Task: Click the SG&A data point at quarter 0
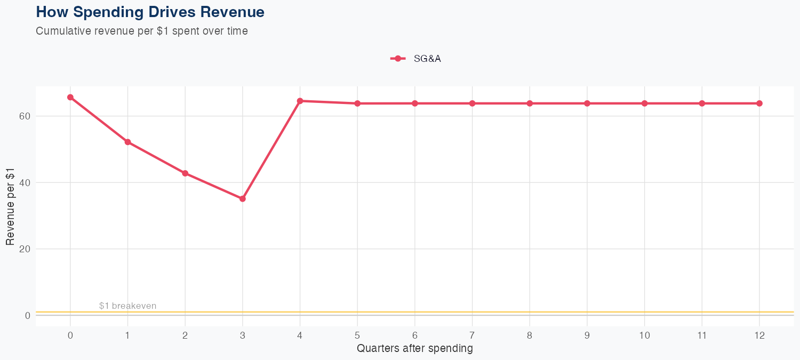click(70, 97)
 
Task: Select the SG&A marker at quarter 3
click(243, 198)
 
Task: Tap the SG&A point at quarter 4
click(300, 101)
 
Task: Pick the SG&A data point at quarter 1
click(128, 142)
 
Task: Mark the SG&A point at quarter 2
click(185, 173)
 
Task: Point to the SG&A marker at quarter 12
click(759, 103)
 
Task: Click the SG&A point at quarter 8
click(530, 103)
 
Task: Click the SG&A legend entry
click(416, 59)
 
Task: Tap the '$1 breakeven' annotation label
click(127, 306)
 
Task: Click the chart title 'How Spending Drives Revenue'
click(150, 12)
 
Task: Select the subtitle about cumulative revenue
click(142, 31)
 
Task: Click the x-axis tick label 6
click(415, 335)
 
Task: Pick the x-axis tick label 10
click(644, 335)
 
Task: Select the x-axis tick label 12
click(759, 335)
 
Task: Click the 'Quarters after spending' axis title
click(415, 349)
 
